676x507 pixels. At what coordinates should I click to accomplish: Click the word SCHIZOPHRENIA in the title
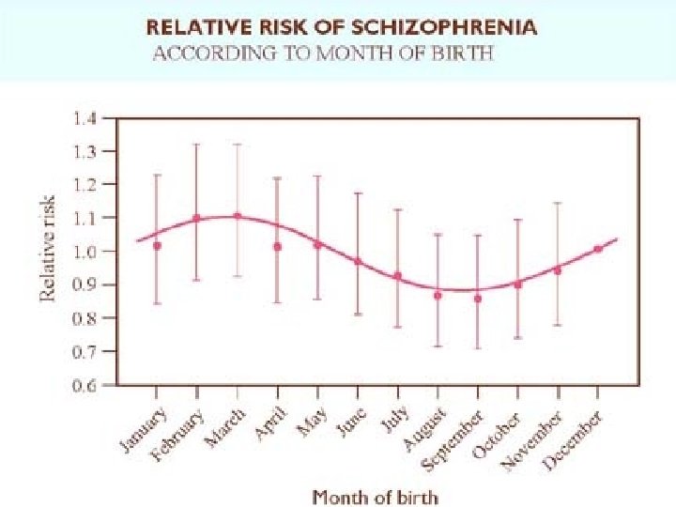(x=459, y=27)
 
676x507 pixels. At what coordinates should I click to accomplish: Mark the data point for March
(x=237, y=216)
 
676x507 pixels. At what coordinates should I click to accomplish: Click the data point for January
(x=157, y=246)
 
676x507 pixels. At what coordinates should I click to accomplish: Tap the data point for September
(x=478, y=299)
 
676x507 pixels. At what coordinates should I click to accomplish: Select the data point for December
(x=598, y=249)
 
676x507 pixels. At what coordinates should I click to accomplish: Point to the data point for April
(x=277, y=247)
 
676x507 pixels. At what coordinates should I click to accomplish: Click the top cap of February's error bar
(x=196, y=144)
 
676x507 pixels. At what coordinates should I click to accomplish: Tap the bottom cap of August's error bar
(x=438, y=346)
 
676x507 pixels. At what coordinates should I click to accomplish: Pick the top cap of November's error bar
(x=558, y=203)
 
